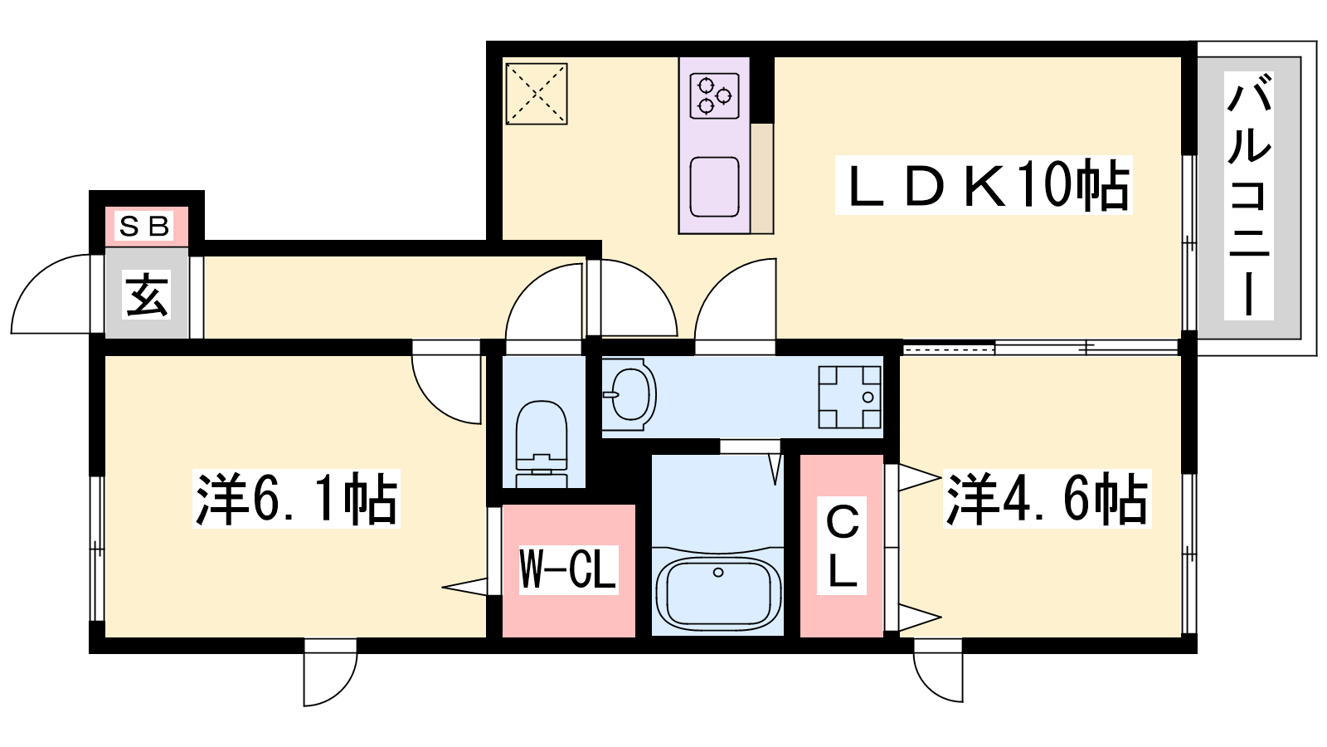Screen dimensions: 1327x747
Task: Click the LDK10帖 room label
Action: tap(984, 185)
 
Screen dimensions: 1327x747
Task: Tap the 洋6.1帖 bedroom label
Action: tap(296, 499)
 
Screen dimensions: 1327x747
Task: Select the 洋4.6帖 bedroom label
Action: tap(1047, 499)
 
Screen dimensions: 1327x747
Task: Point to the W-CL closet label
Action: tap(569, 569)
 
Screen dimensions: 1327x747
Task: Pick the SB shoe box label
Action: tap(145, 226)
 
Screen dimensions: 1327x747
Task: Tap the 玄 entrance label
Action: tap(147, 295)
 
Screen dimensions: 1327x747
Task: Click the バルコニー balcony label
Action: tap(1249, 196)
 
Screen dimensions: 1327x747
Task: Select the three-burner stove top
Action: tap(714, 95)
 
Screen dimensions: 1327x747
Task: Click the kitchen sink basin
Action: tap(715, 187)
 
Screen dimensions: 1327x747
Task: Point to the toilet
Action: tap(542, 444)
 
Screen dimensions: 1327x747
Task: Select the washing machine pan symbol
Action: tap(849, 398)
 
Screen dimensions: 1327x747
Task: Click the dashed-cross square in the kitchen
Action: tap(536, 94)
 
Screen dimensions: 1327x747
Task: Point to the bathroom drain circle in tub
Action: tap(718, 573)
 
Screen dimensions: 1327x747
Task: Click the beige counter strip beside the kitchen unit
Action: tap(762, 178)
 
